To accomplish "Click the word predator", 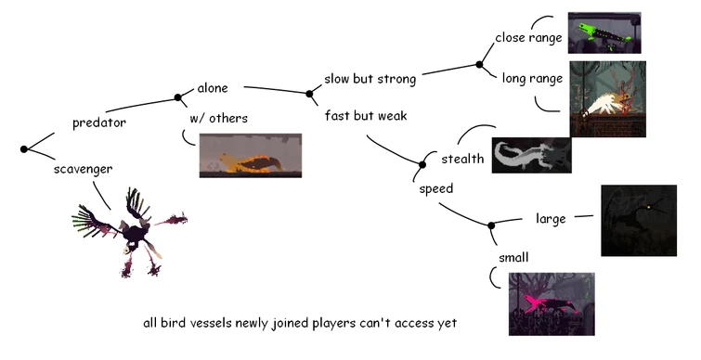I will [98, 122].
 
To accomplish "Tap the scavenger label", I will [84, 169].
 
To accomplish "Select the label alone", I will [213, 88].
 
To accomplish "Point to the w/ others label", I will [218, 118].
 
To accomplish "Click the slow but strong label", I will [370, 78].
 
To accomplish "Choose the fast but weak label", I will [366, 116].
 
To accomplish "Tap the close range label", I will [529, 38].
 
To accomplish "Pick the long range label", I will [532, 78].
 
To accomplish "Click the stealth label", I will [461, 159].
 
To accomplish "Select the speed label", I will [435, 188].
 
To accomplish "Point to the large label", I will [551, 219].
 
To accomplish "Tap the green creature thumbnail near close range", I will [604, 32].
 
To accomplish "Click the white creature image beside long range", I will [607, 101].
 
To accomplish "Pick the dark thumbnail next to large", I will [644, 220].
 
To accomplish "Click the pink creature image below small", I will [551, 303].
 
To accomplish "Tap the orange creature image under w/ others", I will [251, 155].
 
